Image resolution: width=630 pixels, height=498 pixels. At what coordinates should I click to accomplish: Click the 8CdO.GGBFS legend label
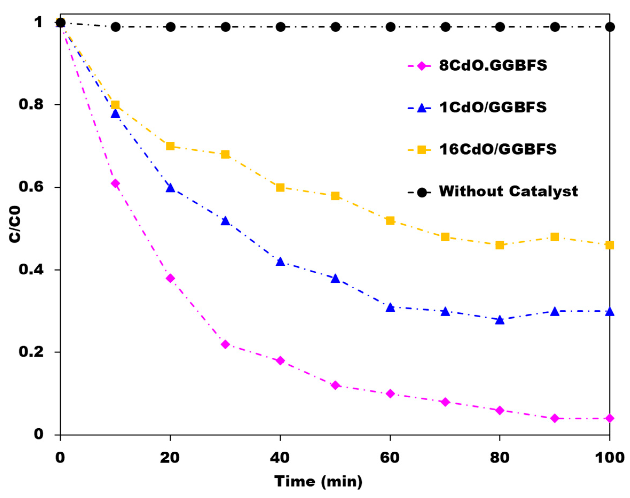coord(493,66)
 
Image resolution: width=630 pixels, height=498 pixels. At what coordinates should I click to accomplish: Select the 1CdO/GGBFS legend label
coord(493,108)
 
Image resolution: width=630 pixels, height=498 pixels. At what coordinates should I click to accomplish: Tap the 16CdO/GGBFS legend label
coord(498,149)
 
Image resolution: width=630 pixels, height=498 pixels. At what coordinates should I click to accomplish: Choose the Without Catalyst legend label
coord(508,192)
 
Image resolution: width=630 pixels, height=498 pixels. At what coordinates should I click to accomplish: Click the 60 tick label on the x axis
coord(390,458)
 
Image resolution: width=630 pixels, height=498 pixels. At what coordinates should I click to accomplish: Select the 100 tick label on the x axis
coord(609,458)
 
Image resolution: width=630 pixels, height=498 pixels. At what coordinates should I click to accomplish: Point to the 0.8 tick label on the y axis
coord(31,104)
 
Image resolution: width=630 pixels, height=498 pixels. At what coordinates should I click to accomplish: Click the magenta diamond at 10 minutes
coord(116,183)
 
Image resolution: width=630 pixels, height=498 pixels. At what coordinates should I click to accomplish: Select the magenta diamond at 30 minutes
coord(225,344)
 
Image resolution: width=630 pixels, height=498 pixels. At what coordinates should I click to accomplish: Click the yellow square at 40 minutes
coord(280,187)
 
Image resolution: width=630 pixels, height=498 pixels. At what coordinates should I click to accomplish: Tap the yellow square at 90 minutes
coord(555,237)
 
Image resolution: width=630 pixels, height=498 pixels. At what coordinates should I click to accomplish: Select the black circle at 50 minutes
coord(335,27)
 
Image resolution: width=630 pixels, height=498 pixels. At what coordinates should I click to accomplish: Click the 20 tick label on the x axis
coord(170,458)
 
